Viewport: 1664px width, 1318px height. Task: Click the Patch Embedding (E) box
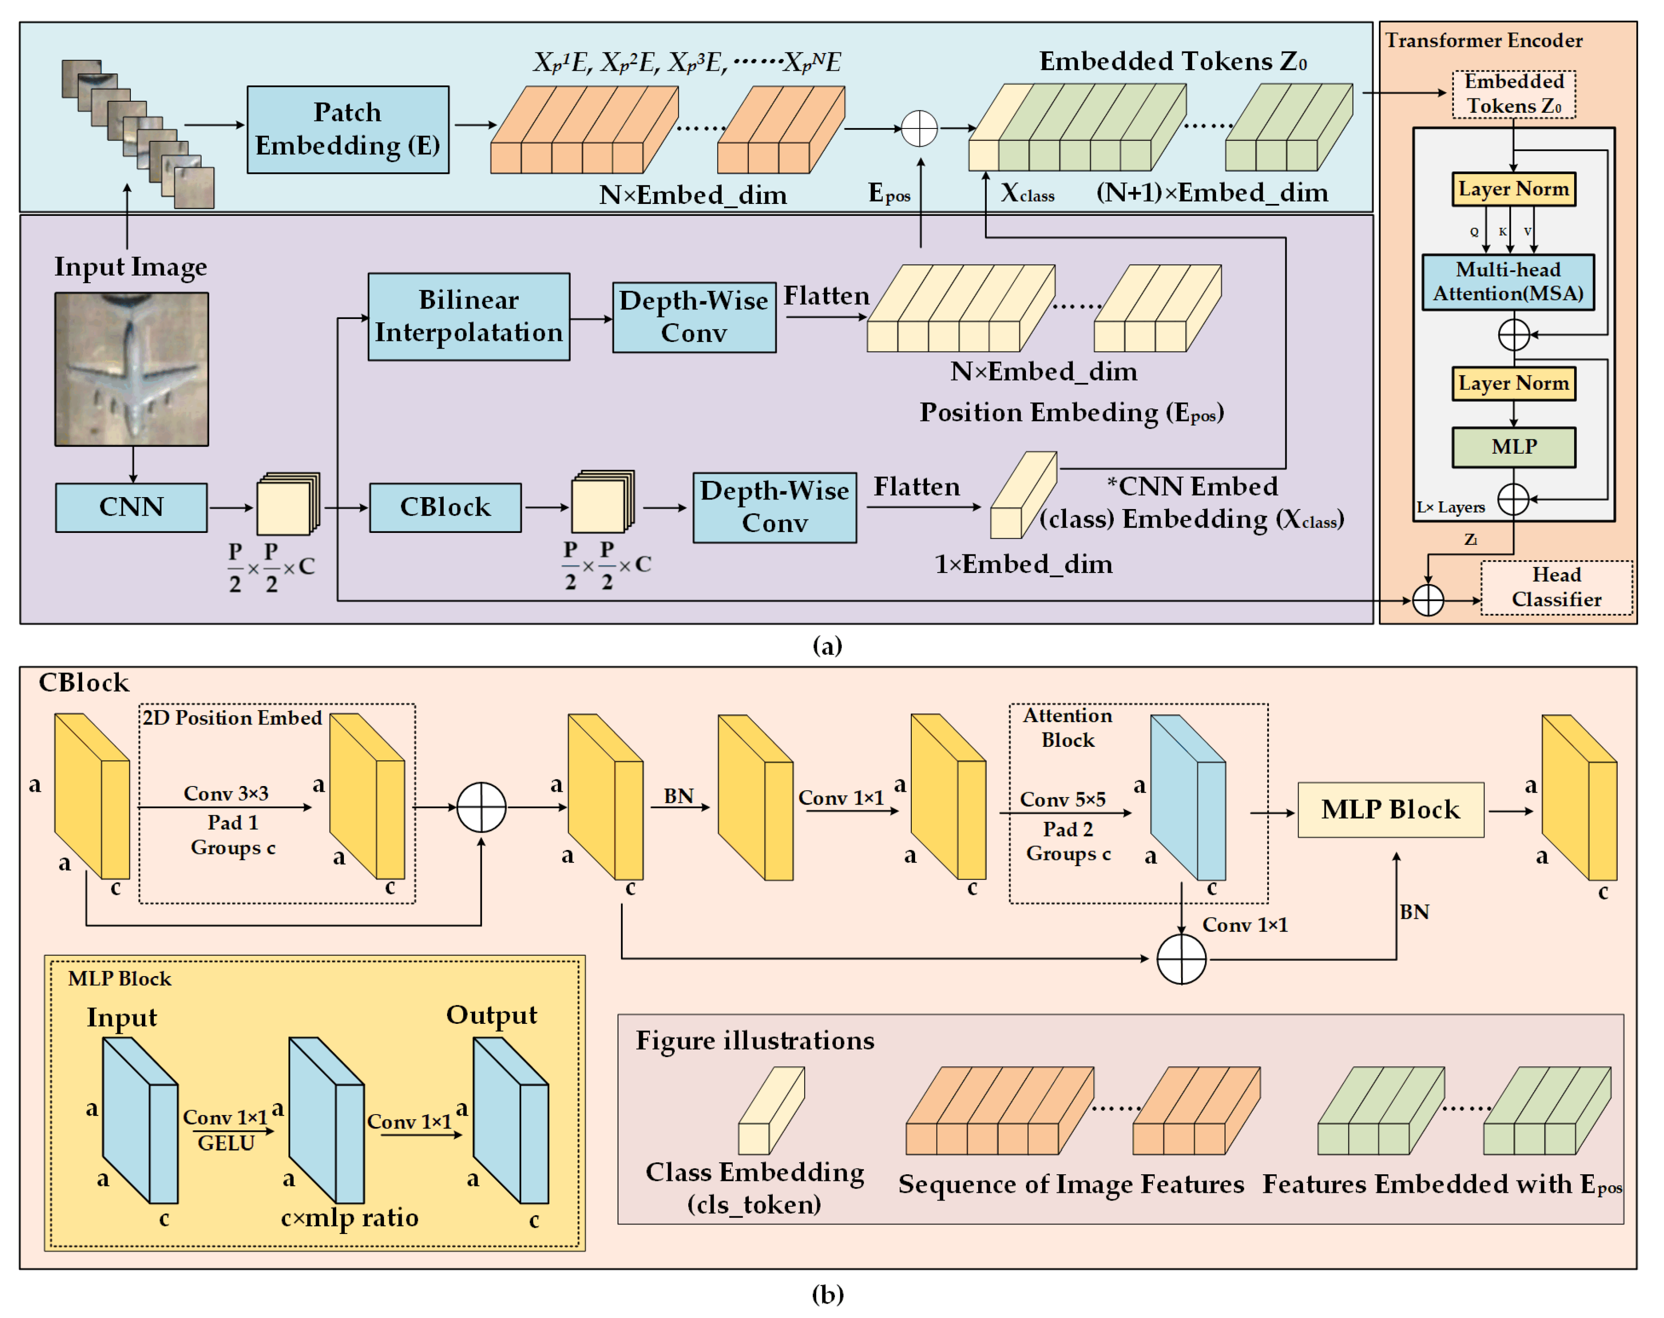347,129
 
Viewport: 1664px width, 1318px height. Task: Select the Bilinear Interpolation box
469,317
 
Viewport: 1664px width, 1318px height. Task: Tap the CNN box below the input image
131,507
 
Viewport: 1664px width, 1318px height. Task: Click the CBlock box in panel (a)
445,507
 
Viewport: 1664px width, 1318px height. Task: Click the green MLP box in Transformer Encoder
1513,447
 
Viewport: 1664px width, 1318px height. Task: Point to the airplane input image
131,369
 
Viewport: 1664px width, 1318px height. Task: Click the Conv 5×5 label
1062,799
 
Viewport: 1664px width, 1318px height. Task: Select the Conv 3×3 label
225,793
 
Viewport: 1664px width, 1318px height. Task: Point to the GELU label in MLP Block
225,1144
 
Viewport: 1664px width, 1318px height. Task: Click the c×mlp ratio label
350,1218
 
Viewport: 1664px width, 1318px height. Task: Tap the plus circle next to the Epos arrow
919,129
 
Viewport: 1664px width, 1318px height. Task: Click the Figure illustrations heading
754,1041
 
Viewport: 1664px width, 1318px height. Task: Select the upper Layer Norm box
1513,189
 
